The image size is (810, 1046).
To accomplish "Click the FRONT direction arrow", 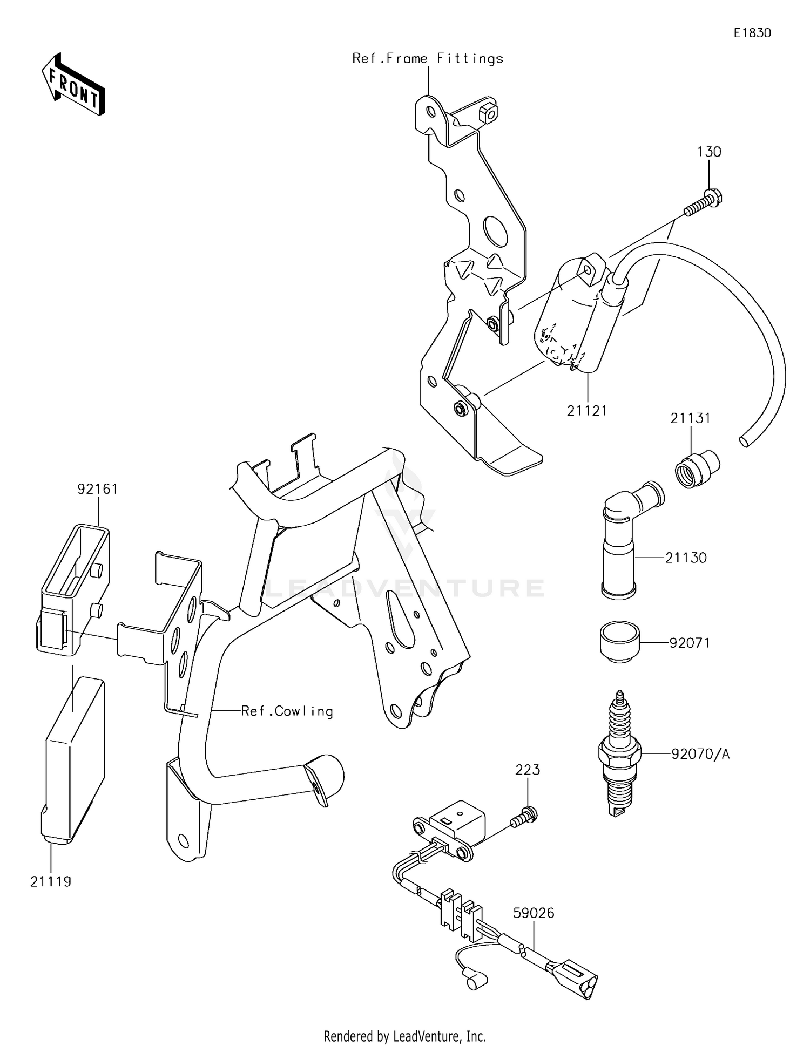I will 73,85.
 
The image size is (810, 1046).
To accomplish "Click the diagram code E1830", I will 752,33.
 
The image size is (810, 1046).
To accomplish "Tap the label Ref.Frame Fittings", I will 428,58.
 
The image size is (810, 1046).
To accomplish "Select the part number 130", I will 708,152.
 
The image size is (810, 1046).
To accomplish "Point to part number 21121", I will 587,411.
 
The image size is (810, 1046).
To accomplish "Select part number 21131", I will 690,418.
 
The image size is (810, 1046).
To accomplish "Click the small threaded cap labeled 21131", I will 696,468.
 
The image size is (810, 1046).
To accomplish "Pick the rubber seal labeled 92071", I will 619,642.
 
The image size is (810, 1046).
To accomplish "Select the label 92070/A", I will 700,753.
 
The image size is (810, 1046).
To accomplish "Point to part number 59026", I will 534,913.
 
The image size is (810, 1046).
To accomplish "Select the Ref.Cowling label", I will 287,711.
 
